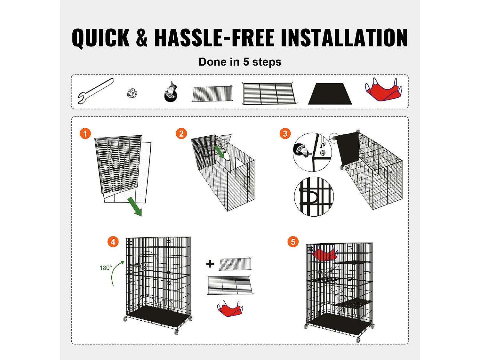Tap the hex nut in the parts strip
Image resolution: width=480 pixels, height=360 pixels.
point(132,93)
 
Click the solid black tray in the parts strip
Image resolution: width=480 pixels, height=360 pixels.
point(330,94)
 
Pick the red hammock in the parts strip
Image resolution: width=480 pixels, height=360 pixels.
point(384,89)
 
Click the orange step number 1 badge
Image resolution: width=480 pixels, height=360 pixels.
point(85,133)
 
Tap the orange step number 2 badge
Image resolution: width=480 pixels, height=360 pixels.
point(181,133)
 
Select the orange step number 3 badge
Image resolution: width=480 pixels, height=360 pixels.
point(285,133)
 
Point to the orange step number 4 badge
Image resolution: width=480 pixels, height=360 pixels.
point(113,242)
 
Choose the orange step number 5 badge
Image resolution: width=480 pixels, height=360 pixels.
point(293,242)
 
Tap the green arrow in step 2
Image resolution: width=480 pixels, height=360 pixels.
point(219,151)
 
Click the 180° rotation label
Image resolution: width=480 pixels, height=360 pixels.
point(106,268)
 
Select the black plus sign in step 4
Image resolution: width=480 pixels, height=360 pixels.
point(210,264)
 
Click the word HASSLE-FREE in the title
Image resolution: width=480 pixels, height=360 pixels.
point(214,37)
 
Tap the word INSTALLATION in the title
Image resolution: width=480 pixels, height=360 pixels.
point(344,37)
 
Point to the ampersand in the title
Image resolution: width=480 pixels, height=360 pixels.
point(142,37)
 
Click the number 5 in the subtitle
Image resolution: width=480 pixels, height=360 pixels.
point(246,62)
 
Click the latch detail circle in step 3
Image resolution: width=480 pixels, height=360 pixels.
point(314,196)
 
